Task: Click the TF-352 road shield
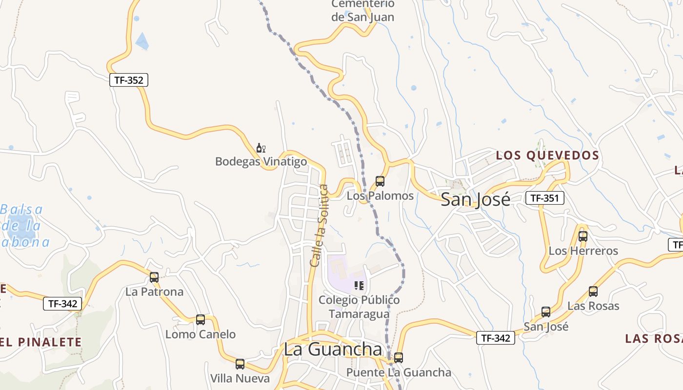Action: click(128, 80)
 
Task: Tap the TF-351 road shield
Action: click(544, 198)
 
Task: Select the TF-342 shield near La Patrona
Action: click(62, 304)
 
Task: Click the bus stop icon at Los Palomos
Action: click(380, 181)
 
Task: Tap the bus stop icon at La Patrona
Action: click(154, 277)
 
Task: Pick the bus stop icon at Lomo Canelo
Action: click(201, 320)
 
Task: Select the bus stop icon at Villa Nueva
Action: click(240, 364)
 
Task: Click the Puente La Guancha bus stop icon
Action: click(399, 358)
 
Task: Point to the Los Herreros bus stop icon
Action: click(583, 236)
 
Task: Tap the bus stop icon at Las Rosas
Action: click(593, 292)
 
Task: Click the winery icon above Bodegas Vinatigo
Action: click(261, 148)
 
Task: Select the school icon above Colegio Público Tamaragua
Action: click(360, 286)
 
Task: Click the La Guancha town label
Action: click(333, 350)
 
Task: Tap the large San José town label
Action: click(476, 199)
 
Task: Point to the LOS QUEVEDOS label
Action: click(547, 156)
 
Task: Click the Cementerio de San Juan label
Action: click(362, 11)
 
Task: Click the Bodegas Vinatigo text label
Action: click(261, 161)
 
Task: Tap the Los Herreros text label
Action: click(583, 251)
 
